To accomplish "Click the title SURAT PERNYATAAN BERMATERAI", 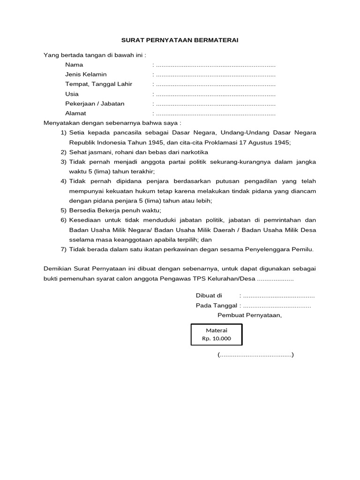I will (180, 40).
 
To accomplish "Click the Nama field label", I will (74, 65).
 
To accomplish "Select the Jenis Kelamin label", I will (86, 75).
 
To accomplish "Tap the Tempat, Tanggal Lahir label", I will (98, 84).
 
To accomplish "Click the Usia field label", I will (72, 94).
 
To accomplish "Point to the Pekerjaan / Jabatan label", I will (95, 104).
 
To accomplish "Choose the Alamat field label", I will (75, 113).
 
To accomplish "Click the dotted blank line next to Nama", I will (215, 65).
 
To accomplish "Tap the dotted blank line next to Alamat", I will (215, 114).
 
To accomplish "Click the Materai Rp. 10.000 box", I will (217, 334).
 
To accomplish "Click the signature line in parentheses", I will (255, 355).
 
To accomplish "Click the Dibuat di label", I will (208, 296).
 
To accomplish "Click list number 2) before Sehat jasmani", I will (64, 152).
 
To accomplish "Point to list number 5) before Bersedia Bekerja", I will (64, 210).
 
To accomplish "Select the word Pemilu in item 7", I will (303, 249).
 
